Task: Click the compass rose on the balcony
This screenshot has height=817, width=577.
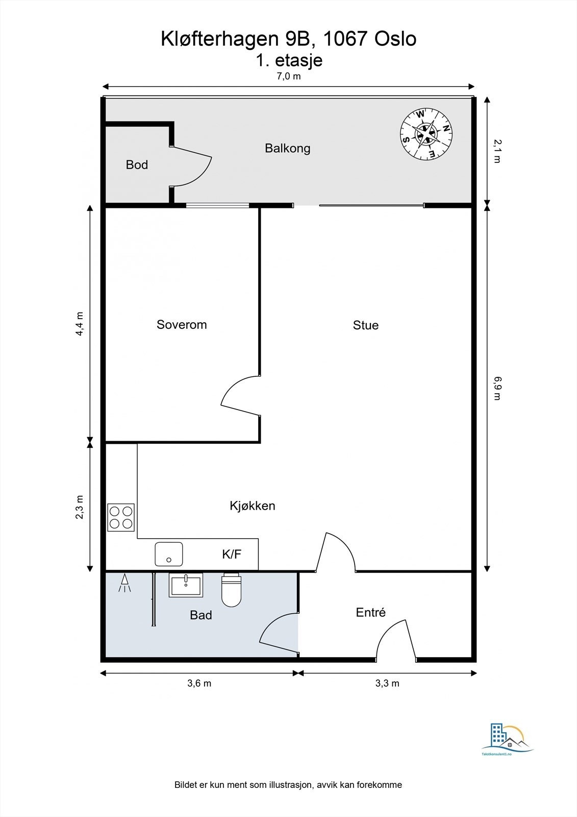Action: pyautogui.click(x=426, y=134)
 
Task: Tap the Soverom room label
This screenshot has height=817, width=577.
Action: pyautogui.click(x=182, y=325)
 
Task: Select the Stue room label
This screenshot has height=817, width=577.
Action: pyautogui.click(x=366, y=325)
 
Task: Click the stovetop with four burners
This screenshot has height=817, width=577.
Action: pyautogui.click(x=121, y=517)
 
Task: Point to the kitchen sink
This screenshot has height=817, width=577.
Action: pyautogui.click(x=169, y=554)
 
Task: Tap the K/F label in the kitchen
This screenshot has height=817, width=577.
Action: pyautogui.click(x=232, y=555)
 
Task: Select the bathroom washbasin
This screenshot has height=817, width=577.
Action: pyautogui.click(x=186, y=585)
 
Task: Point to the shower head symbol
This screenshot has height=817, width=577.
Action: pyautogui.click(x=124, y=583)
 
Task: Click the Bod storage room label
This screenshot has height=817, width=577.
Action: pyautogui.click(x=137, y=165)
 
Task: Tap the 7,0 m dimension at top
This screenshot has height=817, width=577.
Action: pyautogui.click(x=289, y=77)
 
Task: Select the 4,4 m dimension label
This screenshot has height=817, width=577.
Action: pyautogui.click(x=80, y=324)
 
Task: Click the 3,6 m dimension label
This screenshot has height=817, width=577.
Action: pyautogui.click(x=199, y=683)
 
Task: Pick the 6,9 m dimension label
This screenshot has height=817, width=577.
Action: pyautogui.click(x=497, y=388)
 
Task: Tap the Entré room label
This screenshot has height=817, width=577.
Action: pyautogui.click(x=371, y=612)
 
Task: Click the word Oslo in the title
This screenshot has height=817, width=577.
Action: pyautogui.click(x=395, y=39)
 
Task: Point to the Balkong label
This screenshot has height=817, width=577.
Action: pyautogui.click(x=287, y=149)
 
